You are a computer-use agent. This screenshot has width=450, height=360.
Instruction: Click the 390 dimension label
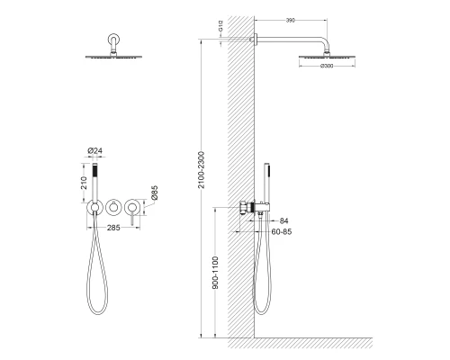click(x=291, y=21)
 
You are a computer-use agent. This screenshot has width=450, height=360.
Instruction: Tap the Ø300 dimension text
click(x=327, y=66)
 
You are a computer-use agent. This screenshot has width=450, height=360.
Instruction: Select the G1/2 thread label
click(x=220, y=26)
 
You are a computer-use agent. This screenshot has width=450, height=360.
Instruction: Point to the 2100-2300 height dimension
click(x=202, y=170)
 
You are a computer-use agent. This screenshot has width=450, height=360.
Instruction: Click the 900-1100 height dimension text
click(x=215, y=273)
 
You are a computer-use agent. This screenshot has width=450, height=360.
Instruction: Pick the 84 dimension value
click(x=283, y=220)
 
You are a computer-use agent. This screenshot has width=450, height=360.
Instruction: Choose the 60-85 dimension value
click(x=282, y=231)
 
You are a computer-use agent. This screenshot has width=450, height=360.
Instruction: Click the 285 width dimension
click(x=113, y=228)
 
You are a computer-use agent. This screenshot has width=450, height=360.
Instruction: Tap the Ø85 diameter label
click(x=154, y=193)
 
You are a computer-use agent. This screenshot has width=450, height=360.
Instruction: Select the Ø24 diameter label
click(x=94, y=150)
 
